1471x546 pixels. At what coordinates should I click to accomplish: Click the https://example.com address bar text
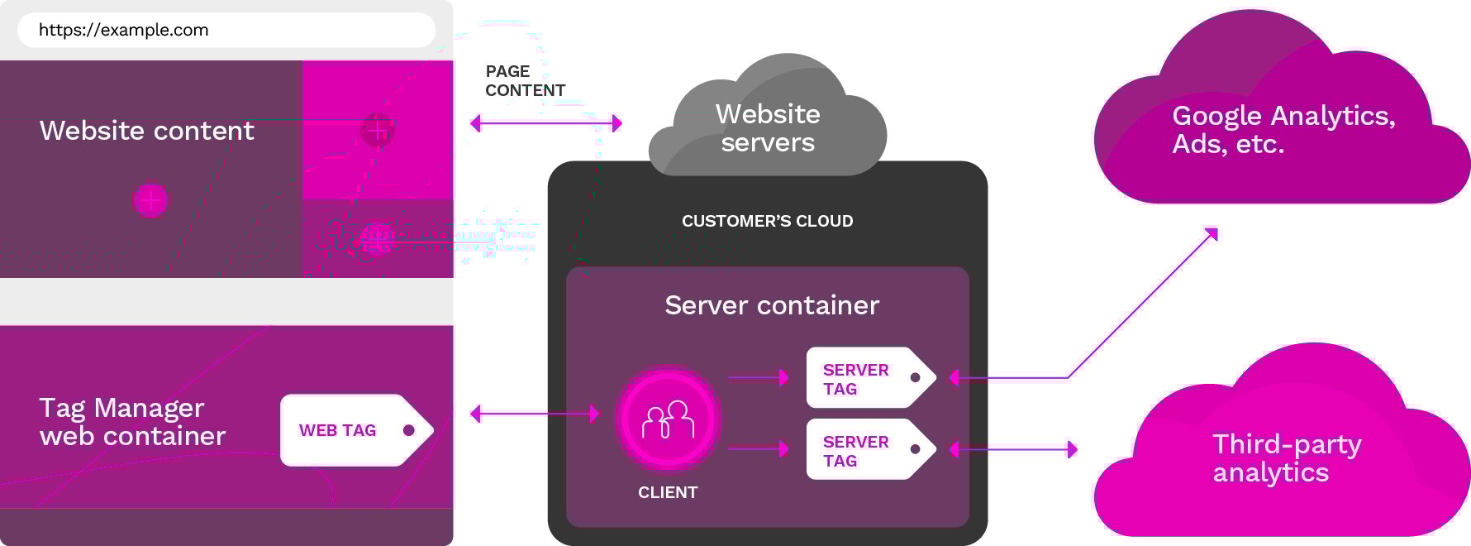(x=124, y=31)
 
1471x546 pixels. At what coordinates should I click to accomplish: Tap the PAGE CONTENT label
(x=525, y=81)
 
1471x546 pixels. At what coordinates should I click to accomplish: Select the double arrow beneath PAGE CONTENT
(x=545, y=124)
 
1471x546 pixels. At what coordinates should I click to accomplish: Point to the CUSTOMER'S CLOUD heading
(x=767, y=221)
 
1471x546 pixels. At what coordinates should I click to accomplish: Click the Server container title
(x=772, y=305)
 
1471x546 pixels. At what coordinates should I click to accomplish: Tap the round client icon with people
(x=668, y=419)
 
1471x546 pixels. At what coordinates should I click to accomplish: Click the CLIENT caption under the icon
(x=668, y=492)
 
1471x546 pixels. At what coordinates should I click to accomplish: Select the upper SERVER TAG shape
(x=869, y=378)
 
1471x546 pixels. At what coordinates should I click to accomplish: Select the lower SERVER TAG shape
(x=869, y=450)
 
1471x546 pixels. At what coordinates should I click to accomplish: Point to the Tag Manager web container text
(x=132, y=422)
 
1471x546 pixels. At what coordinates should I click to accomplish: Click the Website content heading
(x=147, y=131)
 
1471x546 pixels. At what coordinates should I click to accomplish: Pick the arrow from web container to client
(x=535, y=414)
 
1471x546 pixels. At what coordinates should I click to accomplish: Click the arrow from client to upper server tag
(x=759, y=378)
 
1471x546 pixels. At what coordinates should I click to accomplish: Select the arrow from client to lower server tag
(x=759, y=449)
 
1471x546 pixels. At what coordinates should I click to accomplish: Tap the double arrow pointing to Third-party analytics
(x=1014, y=450)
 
